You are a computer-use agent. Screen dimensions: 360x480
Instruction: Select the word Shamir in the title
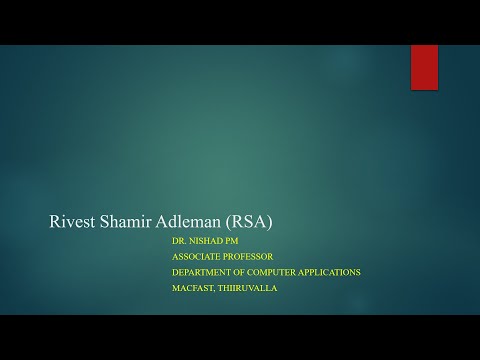point(127,222)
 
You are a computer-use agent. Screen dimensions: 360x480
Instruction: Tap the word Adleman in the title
point(192,222)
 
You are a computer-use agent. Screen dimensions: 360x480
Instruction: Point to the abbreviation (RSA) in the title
point(249,222)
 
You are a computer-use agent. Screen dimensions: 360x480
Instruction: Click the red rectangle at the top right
point(424,67)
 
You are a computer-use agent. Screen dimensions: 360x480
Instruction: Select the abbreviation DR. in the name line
point(180,241)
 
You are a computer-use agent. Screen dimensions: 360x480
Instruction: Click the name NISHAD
point(207,241)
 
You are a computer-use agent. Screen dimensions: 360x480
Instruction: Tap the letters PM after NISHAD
point(234,241)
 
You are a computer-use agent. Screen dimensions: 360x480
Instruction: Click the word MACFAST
point(192,288)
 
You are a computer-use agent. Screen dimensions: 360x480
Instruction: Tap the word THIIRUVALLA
point(249,288)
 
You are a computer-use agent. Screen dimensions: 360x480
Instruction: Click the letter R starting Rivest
point(55,222)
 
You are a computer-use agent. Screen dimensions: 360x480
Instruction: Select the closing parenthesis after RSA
point(270,222)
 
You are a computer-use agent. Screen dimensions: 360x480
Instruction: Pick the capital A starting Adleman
point(168,222)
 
